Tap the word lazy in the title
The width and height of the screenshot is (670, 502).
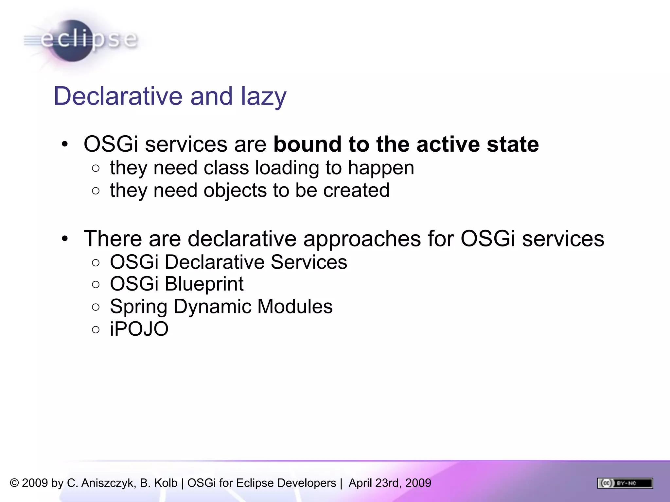(264, 97)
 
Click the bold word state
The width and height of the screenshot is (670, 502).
(513, 144)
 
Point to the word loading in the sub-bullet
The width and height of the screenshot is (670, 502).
(287, 168)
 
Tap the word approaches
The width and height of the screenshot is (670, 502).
(362, 239)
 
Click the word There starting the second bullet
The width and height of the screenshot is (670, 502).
(113, 239)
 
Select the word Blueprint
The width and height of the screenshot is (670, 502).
(204, 284)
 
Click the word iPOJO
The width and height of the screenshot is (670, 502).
(139, 329)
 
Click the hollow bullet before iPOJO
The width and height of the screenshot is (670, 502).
(96, 329)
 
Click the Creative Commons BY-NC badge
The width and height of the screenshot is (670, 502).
(625, 483)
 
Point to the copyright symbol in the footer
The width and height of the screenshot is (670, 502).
(14, 483)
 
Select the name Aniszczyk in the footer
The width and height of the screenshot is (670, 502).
(108, 483)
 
